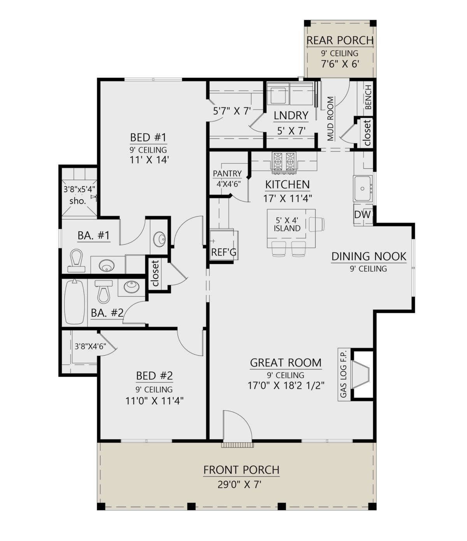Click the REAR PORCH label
pos(340,41)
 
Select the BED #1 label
pos(148,137)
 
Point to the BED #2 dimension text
pos(154,401)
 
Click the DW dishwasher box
pos(362,215)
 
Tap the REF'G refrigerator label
pos(223,252)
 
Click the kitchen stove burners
pos(284,162)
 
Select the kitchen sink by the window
pos(363,188)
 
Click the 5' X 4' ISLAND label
pos(287,224)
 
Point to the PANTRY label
pos(227,174)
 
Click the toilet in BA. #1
pos(76,261)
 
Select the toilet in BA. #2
pos(104,292)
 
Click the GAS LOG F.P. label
pos(344,375)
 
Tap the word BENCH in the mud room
pos(368,97)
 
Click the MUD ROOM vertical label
pos(330,118)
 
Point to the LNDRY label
pos(291,115)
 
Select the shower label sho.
pos(78,201)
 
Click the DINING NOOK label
pos(369,257)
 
